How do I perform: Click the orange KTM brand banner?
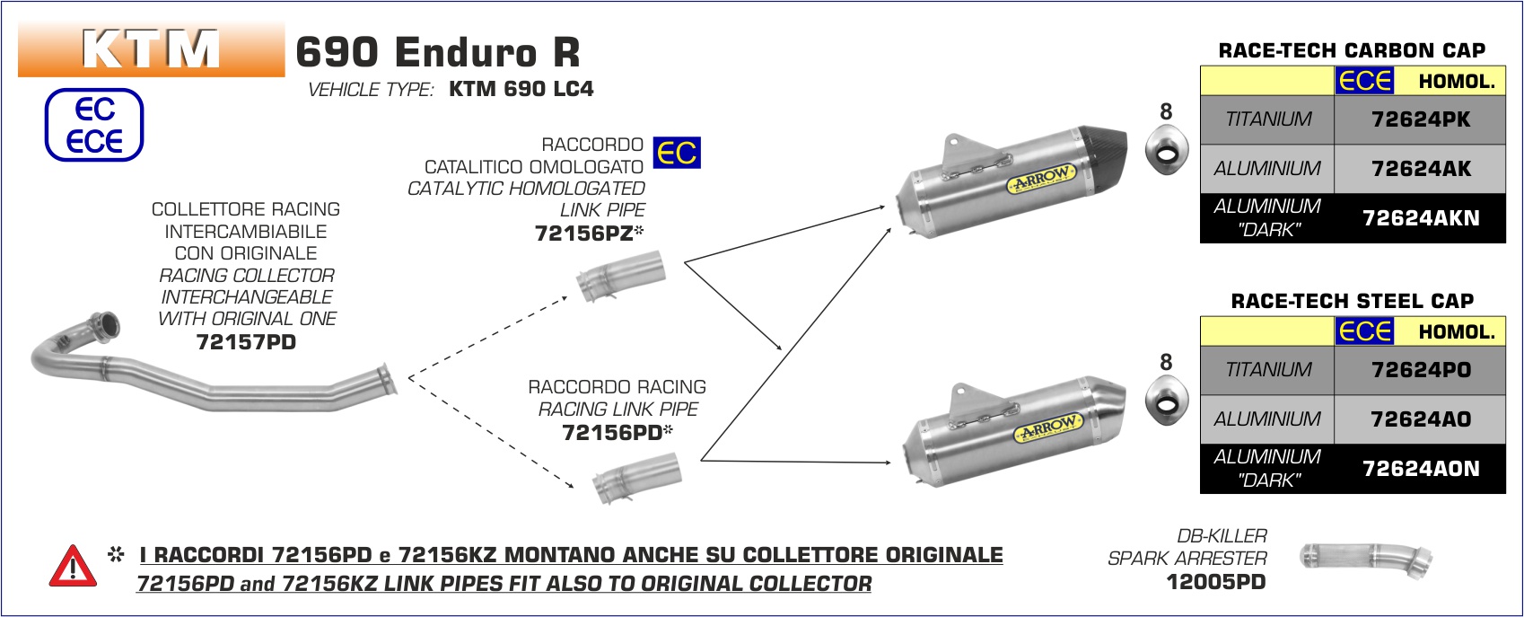(x=151, y=49)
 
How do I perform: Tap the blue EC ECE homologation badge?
(x=94, y=125)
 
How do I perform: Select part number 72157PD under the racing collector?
(x=246, y=342)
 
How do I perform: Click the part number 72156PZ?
(x=584, y=234)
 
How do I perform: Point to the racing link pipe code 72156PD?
(x=612, y=433)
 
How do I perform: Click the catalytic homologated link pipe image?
(x=621, y=278)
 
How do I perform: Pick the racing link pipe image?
(x=636, y=479)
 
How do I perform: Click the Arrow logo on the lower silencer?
(x=1048, y=428)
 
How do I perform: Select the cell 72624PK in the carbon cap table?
(x=1420, y=119)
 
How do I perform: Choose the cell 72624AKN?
(x=1420, y=218)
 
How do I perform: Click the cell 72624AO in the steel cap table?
(x=1420, y=419)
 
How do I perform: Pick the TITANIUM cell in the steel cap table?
(x=1267, y=370)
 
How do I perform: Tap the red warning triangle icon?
(x=73, y=567)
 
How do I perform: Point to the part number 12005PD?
(x=1215, y=582)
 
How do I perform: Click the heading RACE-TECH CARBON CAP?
(x=1352, y=50)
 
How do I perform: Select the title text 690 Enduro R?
(x=438, y=52)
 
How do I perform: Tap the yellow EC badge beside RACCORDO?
(x=677, y=153)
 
